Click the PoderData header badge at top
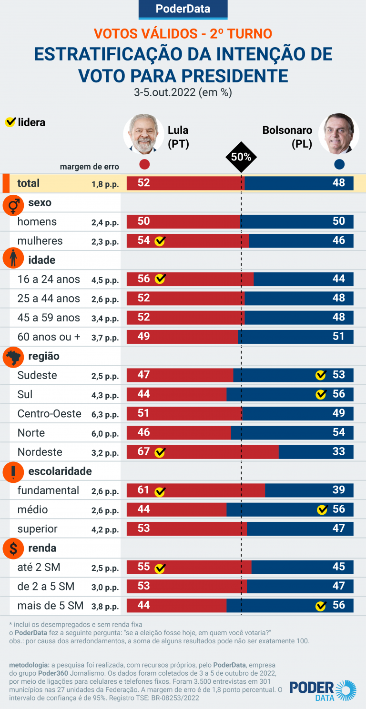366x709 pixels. (x=183, y=9)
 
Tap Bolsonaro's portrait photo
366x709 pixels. (x=338, y=134)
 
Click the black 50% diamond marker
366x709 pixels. (x=241, y=157)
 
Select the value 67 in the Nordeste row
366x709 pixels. (x=143, y=451)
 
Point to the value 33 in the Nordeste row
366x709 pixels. (x=338, y=451)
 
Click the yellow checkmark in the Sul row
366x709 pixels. (x=321, y=394)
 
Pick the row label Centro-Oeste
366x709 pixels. (x=49, y=414)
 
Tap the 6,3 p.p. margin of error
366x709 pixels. (x=105, y=415)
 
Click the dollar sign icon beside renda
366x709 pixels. (x=13, y=549)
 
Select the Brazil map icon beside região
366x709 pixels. (x=13, y=357)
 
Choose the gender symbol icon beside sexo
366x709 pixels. (x=13, y=204)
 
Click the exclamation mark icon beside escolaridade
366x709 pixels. (x=13, y=472)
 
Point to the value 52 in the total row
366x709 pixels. (x=143, y=183)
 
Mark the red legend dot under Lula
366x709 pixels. (x=145, y=165)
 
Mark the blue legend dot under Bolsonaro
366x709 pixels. (x=339, y=165)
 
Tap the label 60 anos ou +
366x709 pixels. (x=49, y=337)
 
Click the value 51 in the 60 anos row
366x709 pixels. (x=338, y=337)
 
